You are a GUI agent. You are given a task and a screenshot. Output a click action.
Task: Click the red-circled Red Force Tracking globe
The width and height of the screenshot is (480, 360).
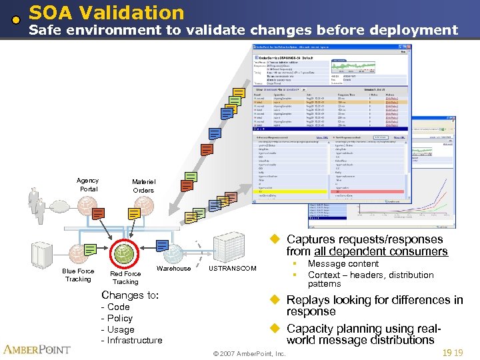(125, 254)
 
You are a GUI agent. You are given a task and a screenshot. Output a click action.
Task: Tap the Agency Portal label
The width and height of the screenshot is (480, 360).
(88, 185)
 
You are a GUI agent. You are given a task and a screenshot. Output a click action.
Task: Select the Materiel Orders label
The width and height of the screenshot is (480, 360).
(143, 186)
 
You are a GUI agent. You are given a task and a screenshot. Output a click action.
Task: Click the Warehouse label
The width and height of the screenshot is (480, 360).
(173, 269)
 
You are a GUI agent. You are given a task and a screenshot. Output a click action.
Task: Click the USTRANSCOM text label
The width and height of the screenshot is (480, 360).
(232, 269)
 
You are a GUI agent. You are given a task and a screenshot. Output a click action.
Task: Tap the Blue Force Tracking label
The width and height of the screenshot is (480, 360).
(78, 275)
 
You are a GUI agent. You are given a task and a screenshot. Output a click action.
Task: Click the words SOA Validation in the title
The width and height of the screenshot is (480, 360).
(107, 12)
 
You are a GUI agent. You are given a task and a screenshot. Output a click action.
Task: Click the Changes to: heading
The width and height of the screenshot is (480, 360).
(129, 295)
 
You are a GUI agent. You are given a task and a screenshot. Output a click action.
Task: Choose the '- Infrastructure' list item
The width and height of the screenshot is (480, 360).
(131, 340)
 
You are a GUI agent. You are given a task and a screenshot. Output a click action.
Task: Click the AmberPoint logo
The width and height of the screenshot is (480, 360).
(37, 349)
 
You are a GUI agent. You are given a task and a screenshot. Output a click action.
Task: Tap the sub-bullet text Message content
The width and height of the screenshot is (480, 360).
(343, 264)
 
